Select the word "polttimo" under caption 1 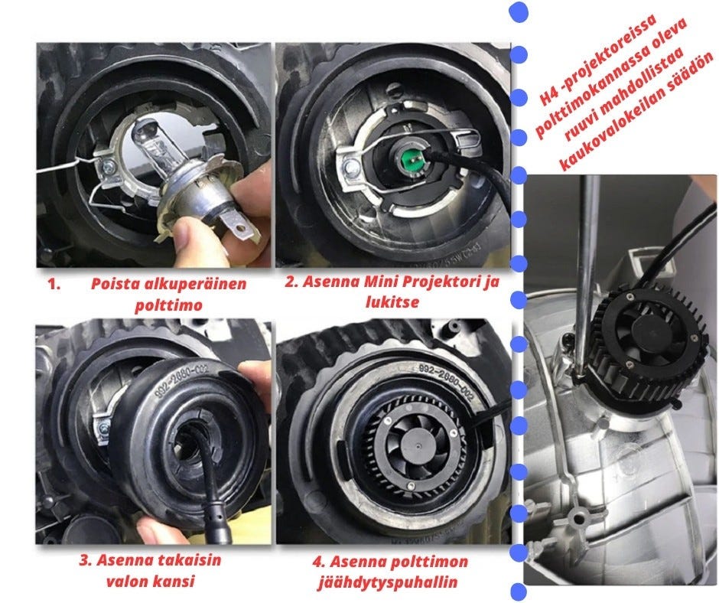click(169, 305)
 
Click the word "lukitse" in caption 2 click(392, 302)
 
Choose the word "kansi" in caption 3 click(174, 581)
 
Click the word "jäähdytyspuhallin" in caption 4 click(388, 582)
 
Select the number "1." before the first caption click(54, 284)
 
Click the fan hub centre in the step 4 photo click(419, 444)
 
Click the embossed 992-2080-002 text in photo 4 click(446, 381)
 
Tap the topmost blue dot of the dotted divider click(519, 12)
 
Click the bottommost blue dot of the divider click(519, 591)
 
